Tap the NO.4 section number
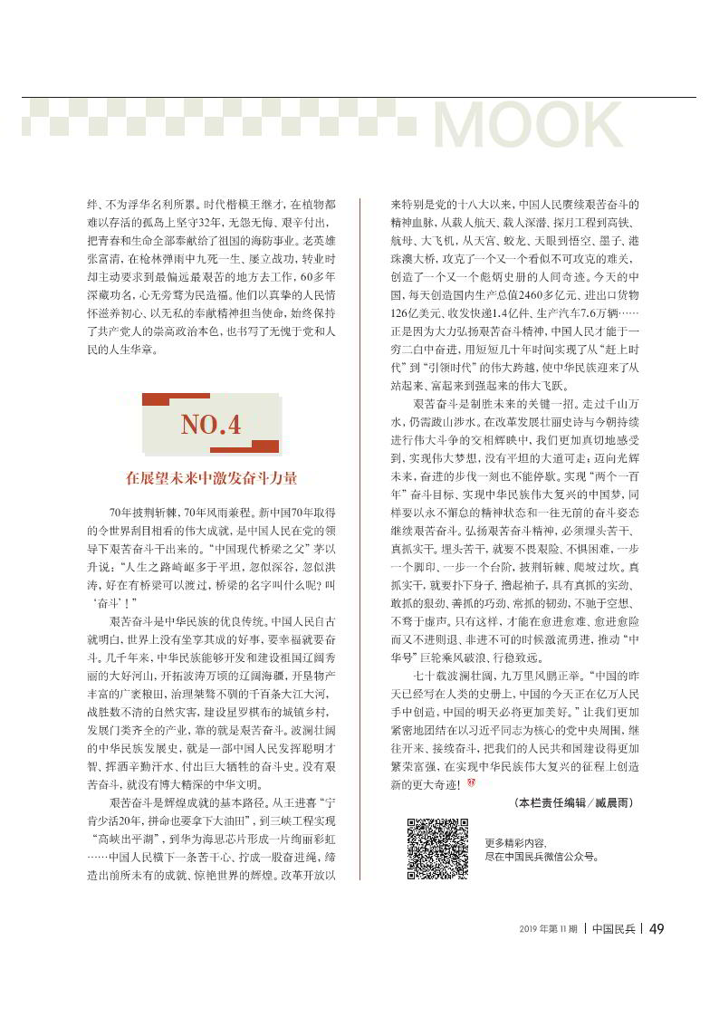pos(211,424)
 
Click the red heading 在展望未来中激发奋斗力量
pos(211,478)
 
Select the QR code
pos(436,849)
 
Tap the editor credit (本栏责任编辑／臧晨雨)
pos(572,803)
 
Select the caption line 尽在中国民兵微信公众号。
pos(542,855)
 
